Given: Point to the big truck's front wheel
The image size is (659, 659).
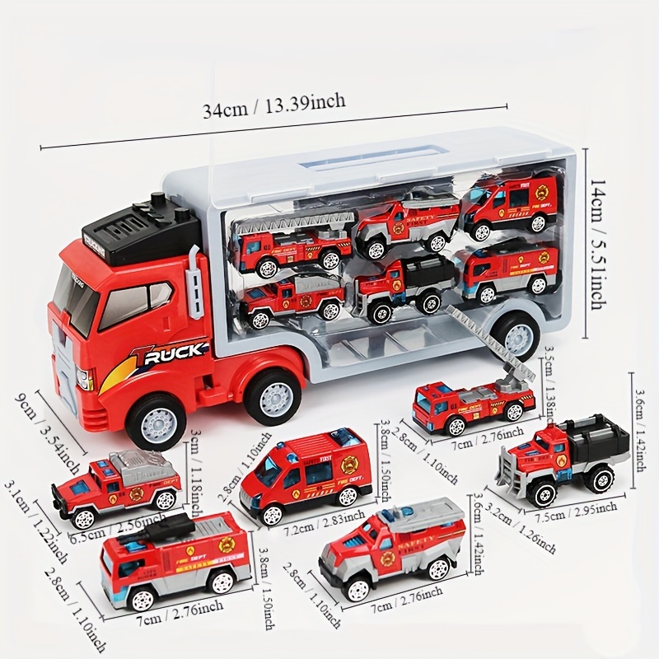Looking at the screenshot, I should coord(156,421).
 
